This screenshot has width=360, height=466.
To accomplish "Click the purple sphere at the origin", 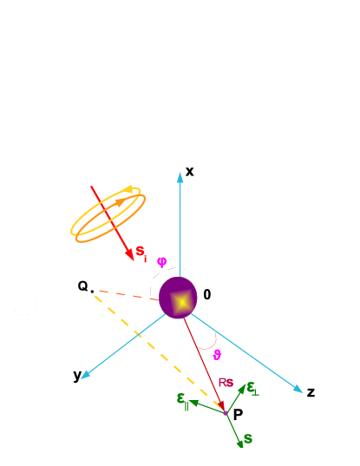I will (178, 298).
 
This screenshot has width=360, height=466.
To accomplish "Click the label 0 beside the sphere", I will (206, 295).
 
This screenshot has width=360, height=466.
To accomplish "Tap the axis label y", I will (77, 375).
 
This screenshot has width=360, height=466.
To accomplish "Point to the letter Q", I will (82, 286).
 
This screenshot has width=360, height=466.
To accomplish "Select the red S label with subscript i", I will (140, 252).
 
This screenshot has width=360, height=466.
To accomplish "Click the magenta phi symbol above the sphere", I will (161, 261).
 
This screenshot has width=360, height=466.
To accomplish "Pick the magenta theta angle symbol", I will (217, 355).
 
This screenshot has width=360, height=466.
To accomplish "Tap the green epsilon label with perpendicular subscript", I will (252, 388).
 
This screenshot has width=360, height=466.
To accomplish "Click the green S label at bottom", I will (248, 439).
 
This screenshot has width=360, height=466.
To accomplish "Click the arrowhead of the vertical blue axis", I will (180, 176).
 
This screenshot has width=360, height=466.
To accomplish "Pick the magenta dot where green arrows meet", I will (226, 413).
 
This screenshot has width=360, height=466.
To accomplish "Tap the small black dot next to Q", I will (92, 292).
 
